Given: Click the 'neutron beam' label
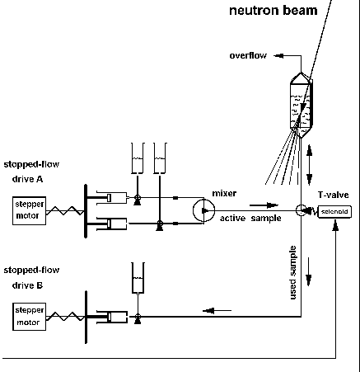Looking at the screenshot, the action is click(274, 11).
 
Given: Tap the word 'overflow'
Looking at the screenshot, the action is click(248, 55).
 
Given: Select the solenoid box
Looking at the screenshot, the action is click(334, 212).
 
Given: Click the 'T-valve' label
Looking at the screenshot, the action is click(334, 195).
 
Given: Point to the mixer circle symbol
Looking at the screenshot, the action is click(203, 210).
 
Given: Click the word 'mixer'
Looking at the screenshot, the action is click(224, 193).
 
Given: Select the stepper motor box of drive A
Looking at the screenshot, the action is click(29, 210).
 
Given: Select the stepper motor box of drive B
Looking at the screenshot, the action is click(29, 317).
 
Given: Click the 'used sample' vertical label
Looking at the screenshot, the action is click(293, 273).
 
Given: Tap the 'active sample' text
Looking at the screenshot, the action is click(250, 219).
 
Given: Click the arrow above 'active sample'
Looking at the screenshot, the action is click(264, 205).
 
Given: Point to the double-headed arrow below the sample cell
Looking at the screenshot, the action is click(310, 164).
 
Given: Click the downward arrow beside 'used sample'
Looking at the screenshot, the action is click(309, 271).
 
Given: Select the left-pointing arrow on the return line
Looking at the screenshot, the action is click(217, 311).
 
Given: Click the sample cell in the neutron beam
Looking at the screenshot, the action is click(302, 105).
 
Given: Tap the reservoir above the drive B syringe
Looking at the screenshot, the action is click(138, 278).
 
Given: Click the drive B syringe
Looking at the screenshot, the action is click(112, 317).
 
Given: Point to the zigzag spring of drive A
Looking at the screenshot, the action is click(65, 210).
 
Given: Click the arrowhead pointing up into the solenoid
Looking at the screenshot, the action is click(335, 225).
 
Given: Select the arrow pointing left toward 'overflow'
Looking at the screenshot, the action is click(278, 56).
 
